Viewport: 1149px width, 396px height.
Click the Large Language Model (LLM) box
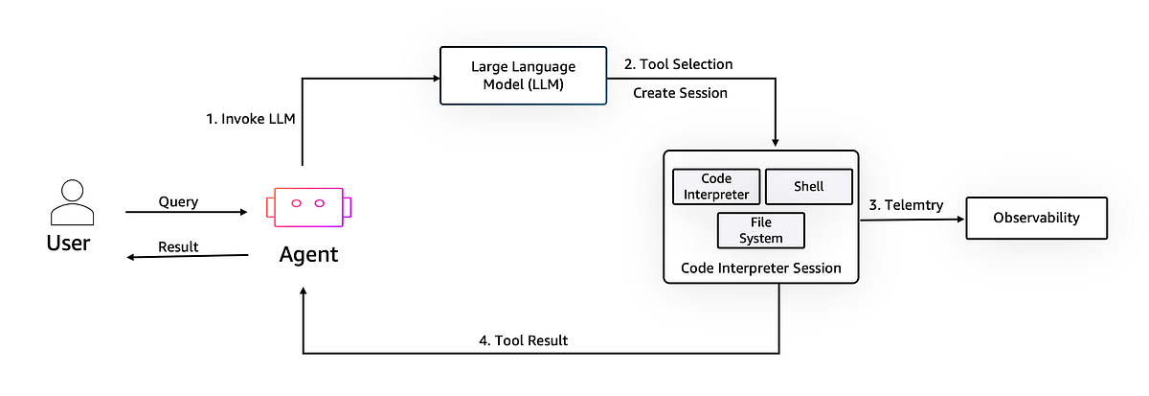(523, 75)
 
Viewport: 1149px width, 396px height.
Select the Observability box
(1036, 218)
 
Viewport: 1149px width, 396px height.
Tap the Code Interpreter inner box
(716, 187)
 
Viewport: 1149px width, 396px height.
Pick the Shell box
(808, 187)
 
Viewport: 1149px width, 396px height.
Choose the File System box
(761, 230)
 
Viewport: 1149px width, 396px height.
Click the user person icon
(71, 201)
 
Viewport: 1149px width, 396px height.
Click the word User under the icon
(68, 244)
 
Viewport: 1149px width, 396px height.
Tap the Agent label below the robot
(308, 256)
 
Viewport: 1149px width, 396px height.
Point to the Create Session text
(680, 93)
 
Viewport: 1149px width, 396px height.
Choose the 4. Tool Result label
(522, 339)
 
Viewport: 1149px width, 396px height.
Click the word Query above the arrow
(179, 201)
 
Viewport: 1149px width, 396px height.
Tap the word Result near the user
(178, 246)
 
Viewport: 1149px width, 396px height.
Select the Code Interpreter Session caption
(760, 268)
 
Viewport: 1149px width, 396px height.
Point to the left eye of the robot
(296, 202)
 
